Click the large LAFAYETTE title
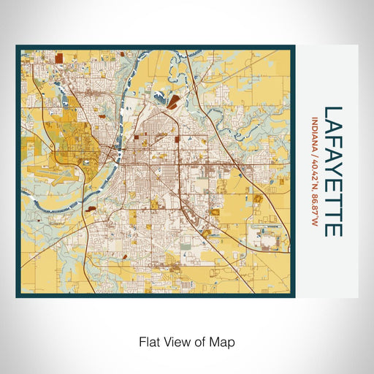pyautogui.click(x=332, y=171)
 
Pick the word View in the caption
pyautogui.click(x=174, y=341)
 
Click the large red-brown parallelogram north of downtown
pyautogui.click(x=172, y=104)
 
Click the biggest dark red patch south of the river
pyautogui.click(x=92, y=207)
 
